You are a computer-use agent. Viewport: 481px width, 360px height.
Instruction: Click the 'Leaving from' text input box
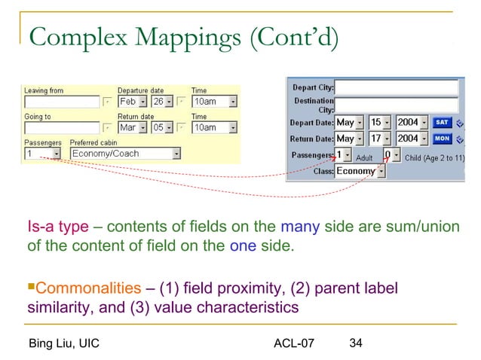click(62, 102)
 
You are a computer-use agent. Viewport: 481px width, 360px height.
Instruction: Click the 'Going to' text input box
click(62, 128)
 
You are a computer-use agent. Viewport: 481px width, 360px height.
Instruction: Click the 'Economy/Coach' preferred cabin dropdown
click(125, 154)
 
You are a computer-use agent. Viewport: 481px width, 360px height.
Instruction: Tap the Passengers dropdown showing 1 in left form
click(42, 154)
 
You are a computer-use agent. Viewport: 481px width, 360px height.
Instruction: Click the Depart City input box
click(396, 87)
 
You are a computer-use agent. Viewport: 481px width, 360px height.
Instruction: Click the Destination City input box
click(396, 105)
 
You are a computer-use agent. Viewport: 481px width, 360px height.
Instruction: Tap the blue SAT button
click(443, 122)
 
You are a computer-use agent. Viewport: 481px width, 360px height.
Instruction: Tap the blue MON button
click(443, 139)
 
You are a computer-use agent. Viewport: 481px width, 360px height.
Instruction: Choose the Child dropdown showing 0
click(391, 155)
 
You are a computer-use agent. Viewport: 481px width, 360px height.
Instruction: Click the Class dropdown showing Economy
click(360, 172)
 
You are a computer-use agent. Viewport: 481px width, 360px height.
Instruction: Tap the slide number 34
click(356, 344)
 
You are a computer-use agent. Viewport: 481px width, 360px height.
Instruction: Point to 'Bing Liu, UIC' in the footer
click(63, 345)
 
